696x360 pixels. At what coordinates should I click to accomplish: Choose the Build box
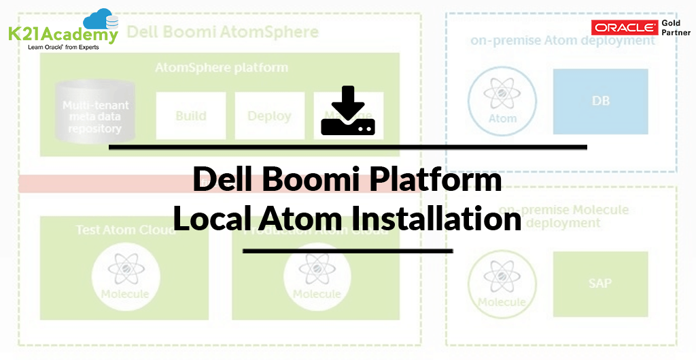pos(190,115)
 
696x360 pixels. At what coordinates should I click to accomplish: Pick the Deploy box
pos(269,115)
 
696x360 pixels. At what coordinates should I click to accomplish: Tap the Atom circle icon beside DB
pos(503,101)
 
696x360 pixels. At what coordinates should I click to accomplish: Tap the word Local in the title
pos(215,219)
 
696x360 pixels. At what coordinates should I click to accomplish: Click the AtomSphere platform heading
pos(222,68)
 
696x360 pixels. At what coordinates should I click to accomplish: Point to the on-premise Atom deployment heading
pos(563,41)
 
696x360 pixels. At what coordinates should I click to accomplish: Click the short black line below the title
pos(347,251)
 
